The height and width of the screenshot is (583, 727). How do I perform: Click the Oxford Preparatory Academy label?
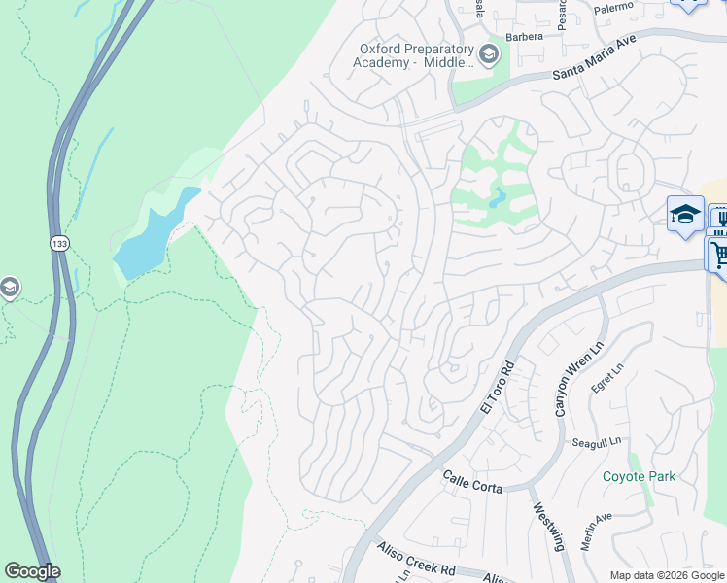tap(416, 55)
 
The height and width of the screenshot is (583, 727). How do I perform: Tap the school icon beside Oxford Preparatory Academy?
tap(489, 53)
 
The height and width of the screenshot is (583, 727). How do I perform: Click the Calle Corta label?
tap(472, 481)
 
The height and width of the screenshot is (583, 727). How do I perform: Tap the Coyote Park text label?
tap(639, 476)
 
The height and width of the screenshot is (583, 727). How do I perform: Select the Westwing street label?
tap(548, 526)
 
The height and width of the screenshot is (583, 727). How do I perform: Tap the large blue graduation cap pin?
tap(685, 214)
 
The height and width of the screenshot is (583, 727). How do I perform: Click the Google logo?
tap(32, 571)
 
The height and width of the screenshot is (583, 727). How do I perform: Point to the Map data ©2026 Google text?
tap(667, 575)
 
